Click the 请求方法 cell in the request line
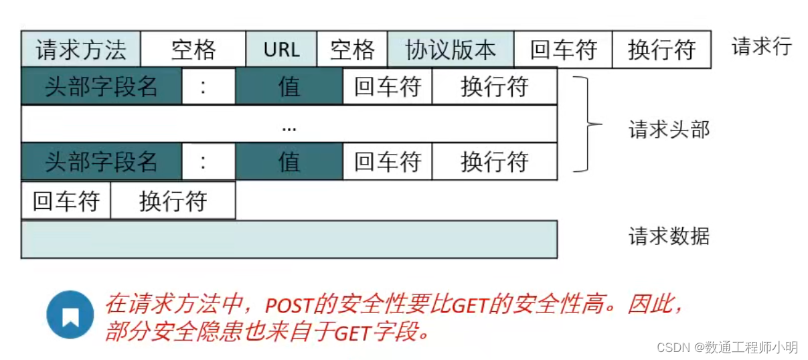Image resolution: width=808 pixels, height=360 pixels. (x=81, y=50)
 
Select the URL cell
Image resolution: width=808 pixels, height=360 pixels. (x=281, y=50)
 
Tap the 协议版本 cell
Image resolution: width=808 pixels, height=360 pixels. (x=451, y=50)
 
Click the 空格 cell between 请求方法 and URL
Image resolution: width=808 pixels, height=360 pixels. (x=193, y=50)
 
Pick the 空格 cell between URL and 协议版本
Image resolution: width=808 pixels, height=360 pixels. (x=352, y=50)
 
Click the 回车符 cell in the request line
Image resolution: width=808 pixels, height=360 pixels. (x=563, y=50)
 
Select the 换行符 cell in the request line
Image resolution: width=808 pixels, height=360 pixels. (x=661, y=50)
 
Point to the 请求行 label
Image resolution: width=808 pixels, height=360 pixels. (x=762, y=46)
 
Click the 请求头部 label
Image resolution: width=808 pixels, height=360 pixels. (x=669, y=129)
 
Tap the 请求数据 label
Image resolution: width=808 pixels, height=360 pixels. (x=669, y=236)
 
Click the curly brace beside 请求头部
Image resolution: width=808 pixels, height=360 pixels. (x=587, y=124)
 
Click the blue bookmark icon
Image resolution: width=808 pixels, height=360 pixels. (x=70, y=314)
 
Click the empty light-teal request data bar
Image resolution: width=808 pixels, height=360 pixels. (x=289, y=240)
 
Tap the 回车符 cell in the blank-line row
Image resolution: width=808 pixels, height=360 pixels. (x=66, y=201)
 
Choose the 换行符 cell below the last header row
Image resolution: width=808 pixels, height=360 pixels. (x=173, y=201)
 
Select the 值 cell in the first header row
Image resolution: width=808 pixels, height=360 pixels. (x=289, y=86)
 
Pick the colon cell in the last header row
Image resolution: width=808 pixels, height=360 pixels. (x=208, y=161)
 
